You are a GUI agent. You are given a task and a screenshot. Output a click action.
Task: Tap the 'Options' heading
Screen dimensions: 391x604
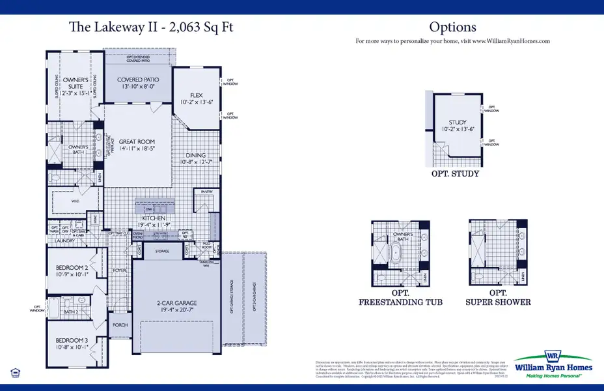452,27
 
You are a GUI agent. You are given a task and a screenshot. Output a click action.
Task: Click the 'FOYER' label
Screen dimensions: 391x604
120,270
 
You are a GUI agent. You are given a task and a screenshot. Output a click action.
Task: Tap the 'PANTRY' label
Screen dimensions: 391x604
207,192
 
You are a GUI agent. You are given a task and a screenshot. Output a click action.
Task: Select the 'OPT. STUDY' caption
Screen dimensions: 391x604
455,174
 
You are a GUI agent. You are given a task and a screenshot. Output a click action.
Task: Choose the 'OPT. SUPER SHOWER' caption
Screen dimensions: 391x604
498,298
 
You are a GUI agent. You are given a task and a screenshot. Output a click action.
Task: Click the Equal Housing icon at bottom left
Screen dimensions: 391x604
15,372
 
